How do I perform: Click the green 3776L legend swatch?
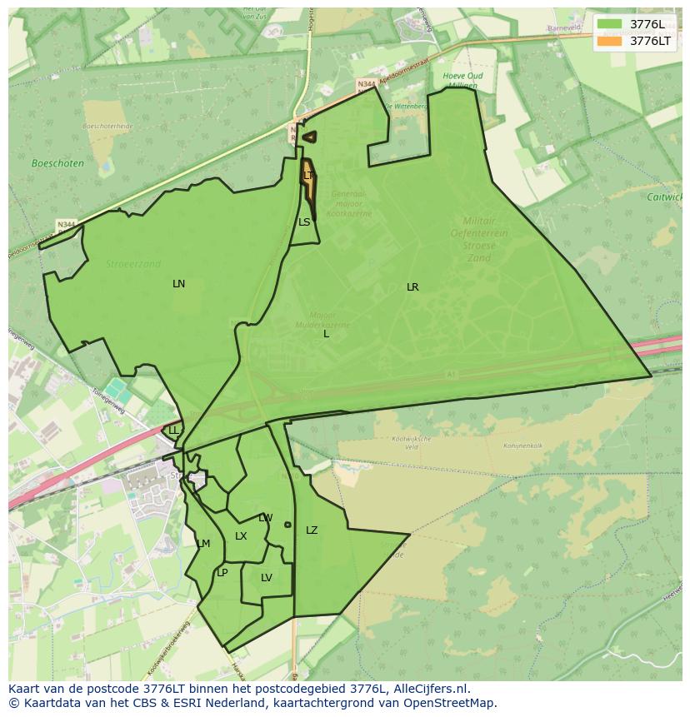click(610, 24)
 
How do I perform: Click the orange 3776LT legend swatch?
click(610, 41)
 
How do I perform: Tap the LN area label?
click(178, 284)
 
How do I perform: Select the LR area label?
click(412, 287)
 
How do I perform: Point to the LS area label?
click(304, 222)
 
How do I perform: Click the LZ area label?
click(312, 530)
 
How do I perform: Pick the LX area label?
click(241, 536)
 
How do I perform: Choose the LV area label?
click(267, 578)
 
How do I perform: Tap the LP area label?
click(222, 573)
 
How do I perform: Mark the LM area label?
click(204, 544)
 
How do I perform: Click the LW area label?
click(265, 518)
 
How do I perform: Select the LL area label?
click(173, 431)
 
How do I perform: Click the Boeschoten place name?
click(57, 164)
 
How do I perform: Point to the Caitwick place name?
click(664, 197)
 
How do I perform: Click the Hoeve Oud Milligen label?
click(462, 81)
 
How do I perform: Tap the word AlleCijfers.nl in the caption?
click(427, 690)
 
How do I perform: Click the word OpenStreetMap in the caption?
click(453, 703)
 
